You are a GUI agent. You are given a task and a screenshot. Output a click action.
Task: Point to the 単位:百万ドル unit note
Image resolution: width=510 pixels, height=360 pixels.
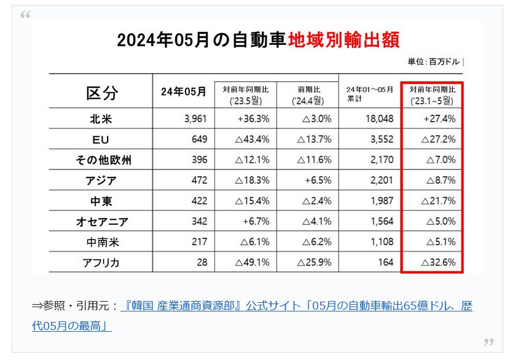click(434, 61)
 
